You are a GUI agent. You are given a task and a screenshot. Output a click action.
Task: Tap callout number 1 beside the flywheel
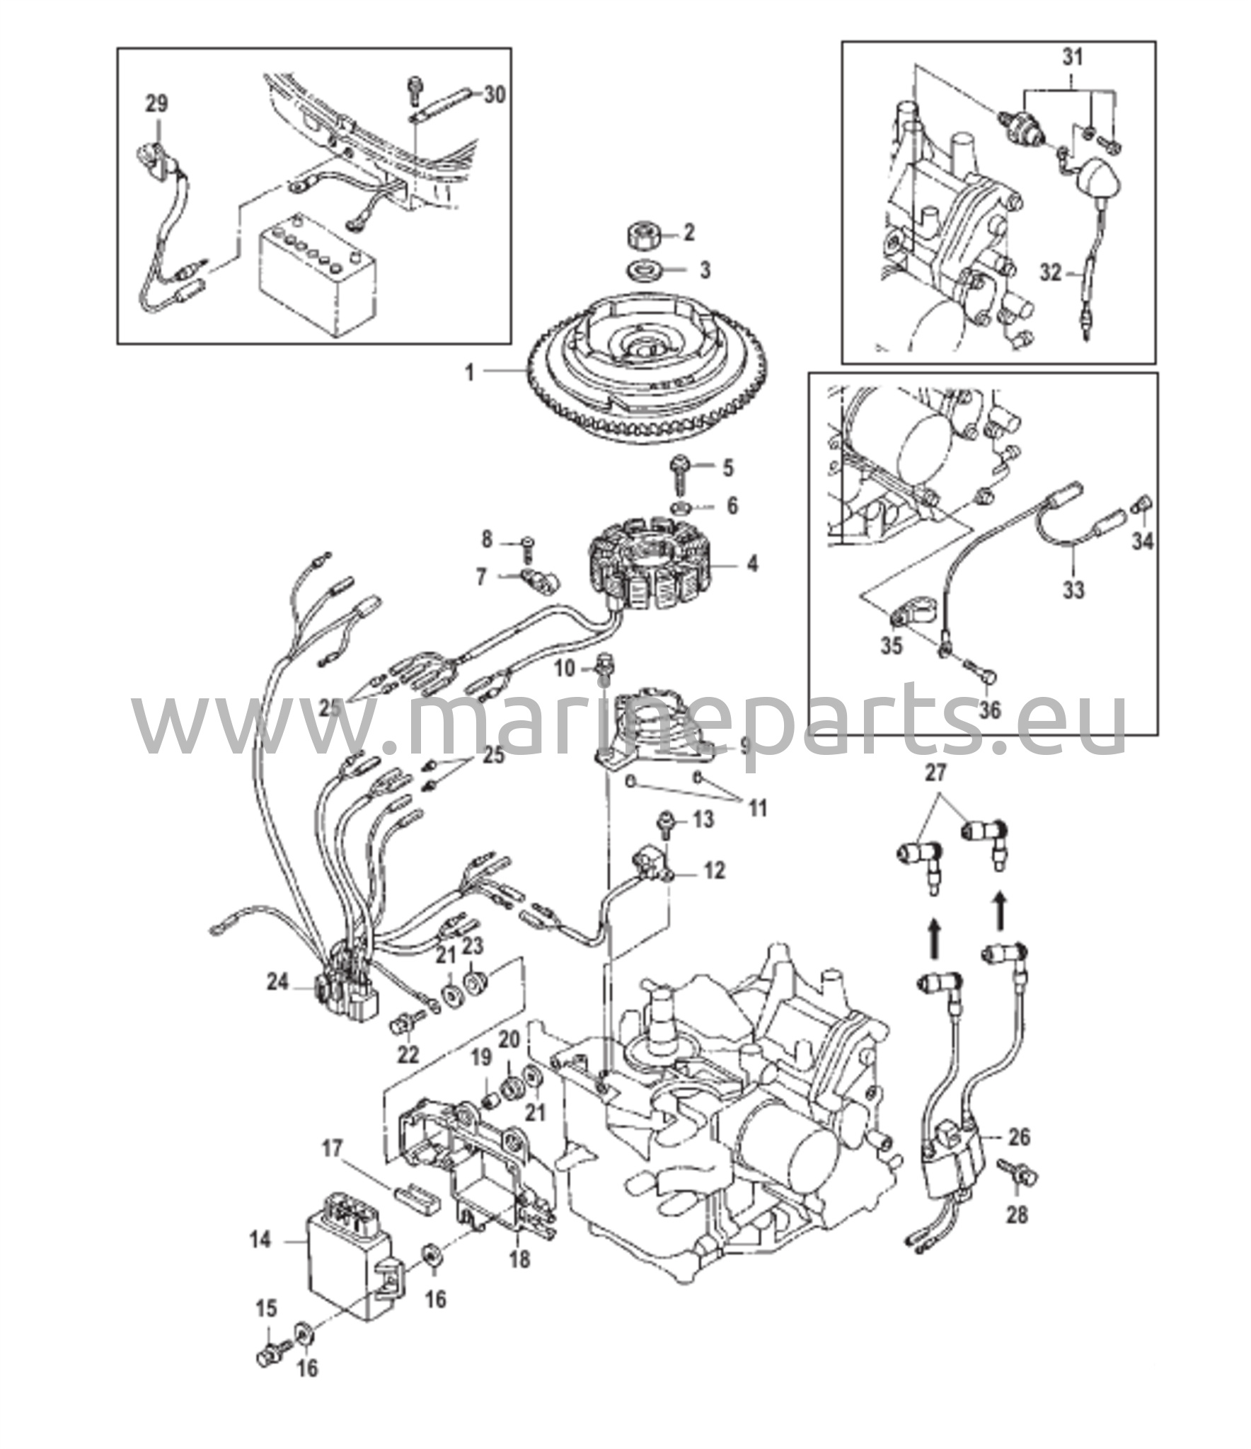pos(470,371)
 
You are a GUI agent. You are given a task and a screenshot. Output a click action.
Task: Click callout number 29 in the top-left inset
pos(157,104)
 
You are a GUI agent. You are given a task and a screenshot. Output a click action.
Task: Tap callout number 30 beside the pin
pos(495,94)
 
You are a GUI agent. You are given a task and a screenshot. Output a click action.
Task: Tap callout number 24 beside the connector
pos(277,982)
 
